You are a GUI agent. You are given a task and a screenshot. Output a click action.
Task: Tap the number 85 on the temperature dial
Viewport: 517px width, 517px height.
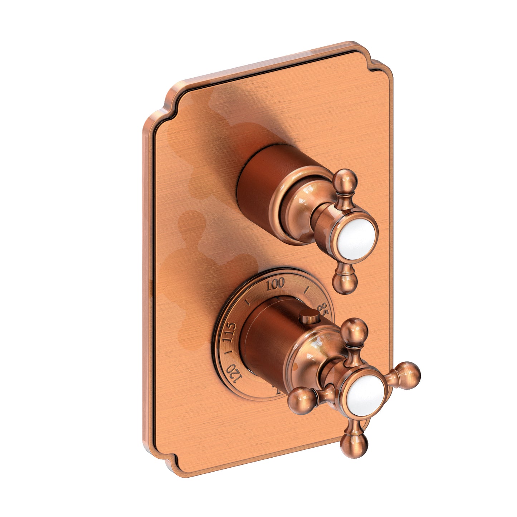322,308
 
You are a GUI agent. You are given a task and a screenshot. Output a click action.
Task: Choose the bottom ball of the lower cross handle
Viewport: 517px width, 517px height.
356,445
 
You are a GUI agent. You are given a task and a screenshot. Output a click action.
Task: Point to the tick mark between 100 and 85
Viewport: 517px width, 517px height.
306,290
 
